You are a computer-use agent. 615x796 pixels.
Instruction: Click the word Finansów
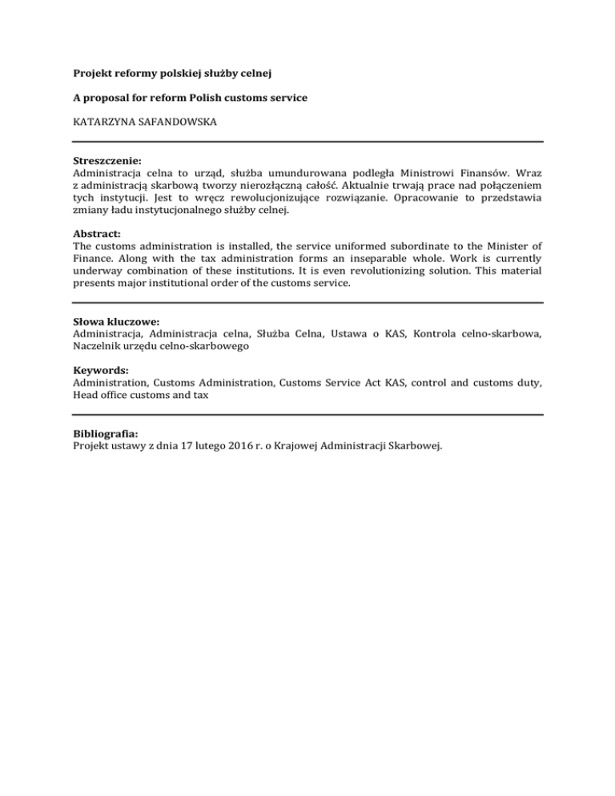click(x=493, y=172)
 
